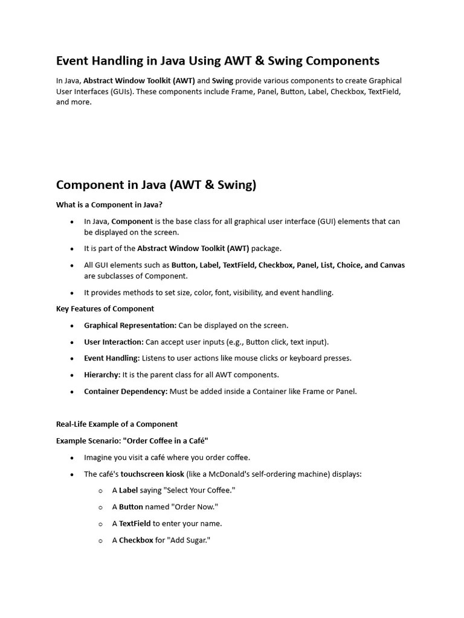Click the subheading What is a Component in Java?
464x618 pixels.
click(x=109, y=205)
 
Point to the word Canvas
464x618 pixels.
click(x=392, y=265)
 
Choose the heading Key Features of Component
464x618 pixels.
click(x=105, y=308)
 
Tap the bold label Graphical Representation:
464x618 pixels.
click(x=130, y=325)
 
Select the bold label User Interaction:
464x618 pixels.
click(x=114, y=342)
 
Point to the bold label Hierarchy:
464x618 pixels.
click(x=102, y=375)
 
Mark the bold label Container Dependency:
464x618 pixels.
click(x=126, y=391)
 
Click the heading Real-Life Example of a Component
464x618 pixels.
click(x=117, y=424)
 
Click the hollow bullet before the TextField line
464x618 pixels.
click(x=101, y=524)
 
